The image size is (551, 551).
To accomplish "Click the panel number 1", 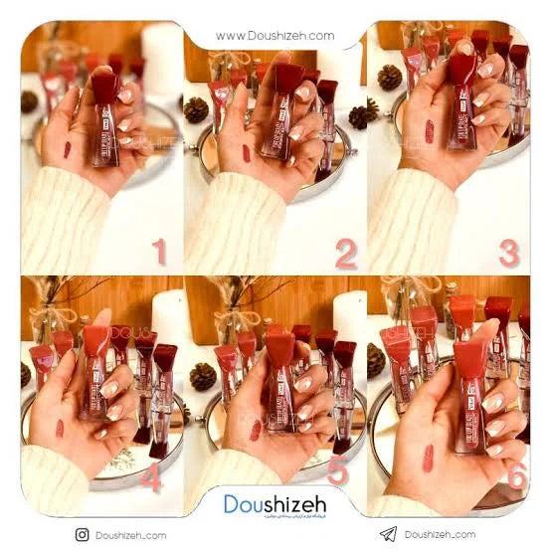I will tap(159, 251).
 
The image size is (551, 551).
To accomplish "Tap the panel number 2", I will tap(345, 254).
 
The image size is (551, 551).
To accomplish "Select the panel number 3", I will tap(508, 253).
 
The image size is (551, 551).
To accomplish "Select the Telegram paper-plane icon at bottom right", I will tap(388, 534).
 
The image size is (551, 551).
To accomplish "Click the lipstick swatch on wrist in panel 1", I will tap(67, 150).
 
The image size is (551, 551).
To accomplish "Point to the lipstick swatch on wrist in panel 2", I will tap(246, 153).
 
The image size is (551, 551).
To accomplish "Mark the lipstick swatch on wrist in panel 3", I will tap(430, 131).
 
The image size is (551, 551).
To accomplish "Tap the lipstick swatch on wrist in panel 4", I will tap(60, 429).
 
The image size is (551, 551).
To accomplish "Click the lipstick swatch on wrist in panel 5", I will tap(256, 430).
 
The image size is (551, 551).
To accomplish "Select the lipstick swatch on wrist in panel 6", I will tap(428, 458).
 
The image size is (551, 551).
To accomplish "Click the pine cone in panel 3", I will tap(389, 78).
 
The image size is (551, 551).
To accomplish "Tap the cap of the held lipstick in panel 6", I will tap(470, 356).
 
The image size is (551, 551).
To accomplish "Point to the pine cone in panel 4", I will tap(26, 375).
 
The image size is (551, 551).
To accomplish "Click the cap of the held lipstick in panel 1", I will tap(104, 87).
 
